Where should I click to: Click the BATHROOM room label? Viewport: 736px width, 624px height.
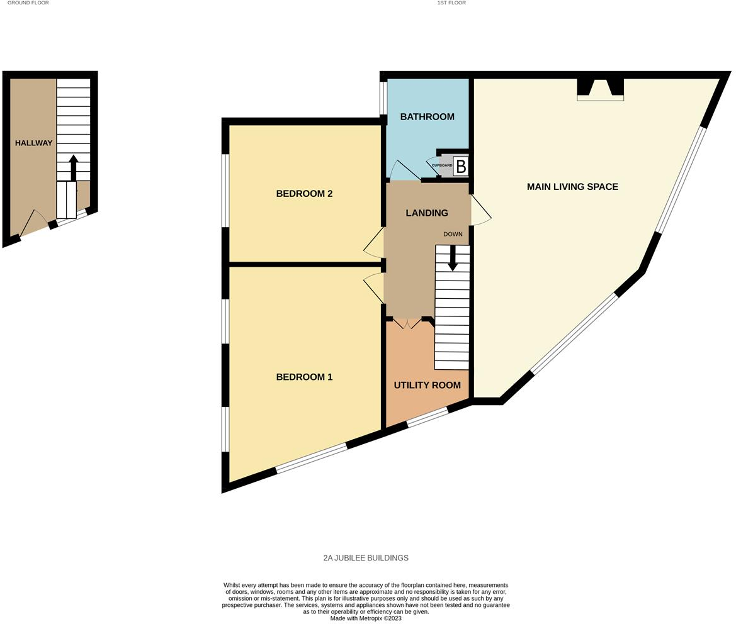pyautogui.click(x=427, y=117)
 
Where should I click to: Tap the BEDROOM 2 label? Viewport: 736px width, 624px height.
pyautogui.click(x=304, y=194)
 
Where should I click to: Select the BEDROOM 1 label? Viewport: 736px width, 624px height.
pyautogui.click(x=304, y=377)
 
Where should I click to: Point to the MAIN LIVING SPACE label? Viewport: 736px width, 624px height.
pyautogui.click(x=572, y=187)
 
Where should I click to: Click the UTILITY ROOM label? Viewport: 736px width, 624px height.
pyautogui.click(x=427, y=385)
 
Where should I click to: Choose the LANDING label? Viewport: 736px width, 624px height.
pyautogui.click(x=427, y=213)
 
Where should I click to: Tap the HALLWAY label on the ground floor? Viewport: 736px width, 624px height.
pyautogui.click(x=34, y=143)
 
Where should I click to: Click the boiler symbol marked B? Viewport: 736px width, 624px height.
pyautogui.click(x=461, y=167)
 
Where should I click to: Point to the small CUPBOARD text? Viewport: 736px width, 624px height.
pyautogui.click(x=442, y=165)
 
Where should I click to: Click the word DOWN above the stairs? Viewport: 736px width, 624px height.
pyautogui.click(x=453, y=234)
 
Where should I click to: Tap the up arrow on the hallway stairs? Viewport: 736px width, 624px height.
pyautogui.click(x=73, y=168)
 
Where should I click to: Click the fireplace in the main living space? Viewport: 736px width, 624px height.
pyautogui.click(x=601, y=89)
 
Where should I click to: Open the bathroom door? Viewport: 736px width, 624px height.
pyautogui.click(x=404, y=172)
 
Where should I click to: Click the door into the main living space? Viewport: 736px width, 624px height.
pyautogui.click(x=481, y=210)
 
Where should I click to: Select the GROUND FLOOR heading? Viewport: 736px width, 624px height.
pyautogui.click(x=28, y=3)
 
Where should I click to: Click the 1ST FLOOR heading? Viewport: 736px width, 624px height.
pyautogui.click(x=451, y=3)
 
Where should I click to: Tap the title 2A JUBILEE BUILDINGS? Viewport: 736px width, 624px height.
pyautogui.click(x=366, y=558)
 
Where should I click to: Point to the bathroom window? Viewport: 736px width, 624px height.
pyautogui.click(x=383, y=99)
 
